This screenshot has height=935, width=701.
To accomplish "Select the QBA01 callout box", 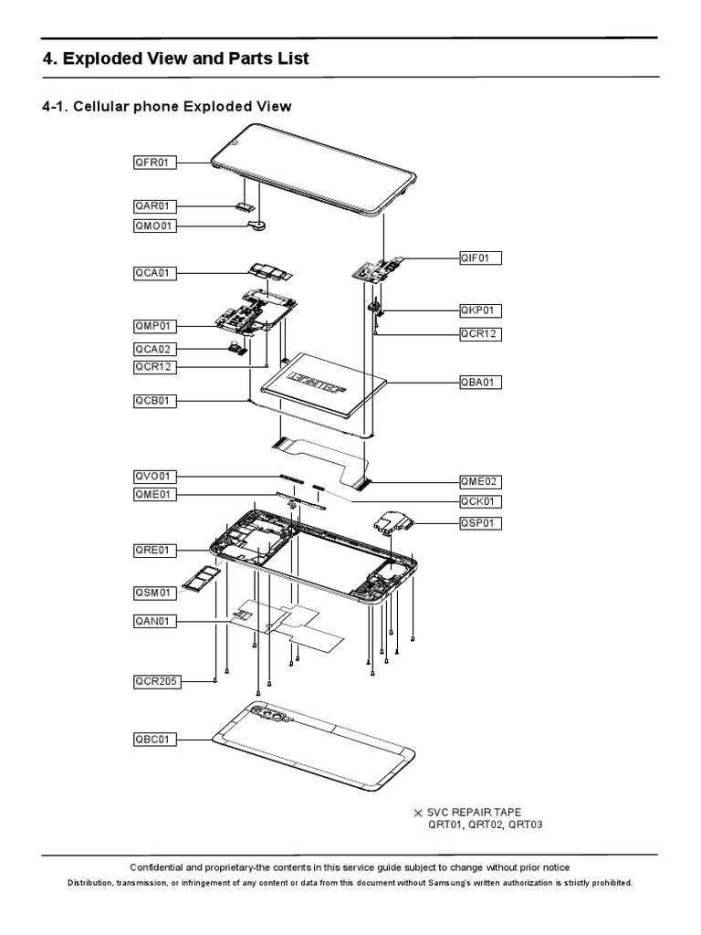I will [x=480, y=382].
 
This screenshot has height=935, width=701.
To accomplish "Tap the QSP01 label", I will [x=480, y=523].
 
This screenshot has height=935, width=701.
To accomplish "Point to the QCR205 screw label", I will [x=156, y=681].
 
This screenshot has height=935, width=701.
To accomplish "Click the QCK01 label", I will [x=480, y=501].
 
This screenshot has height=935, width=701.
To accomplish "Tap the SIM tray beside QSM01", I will [x=196, y=577].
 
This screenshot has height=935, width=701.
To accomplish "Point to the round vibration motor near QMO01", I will [x=262, y=220].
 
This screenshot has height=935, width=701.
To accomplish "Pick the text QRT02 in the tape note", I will [x=488, y=825].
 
